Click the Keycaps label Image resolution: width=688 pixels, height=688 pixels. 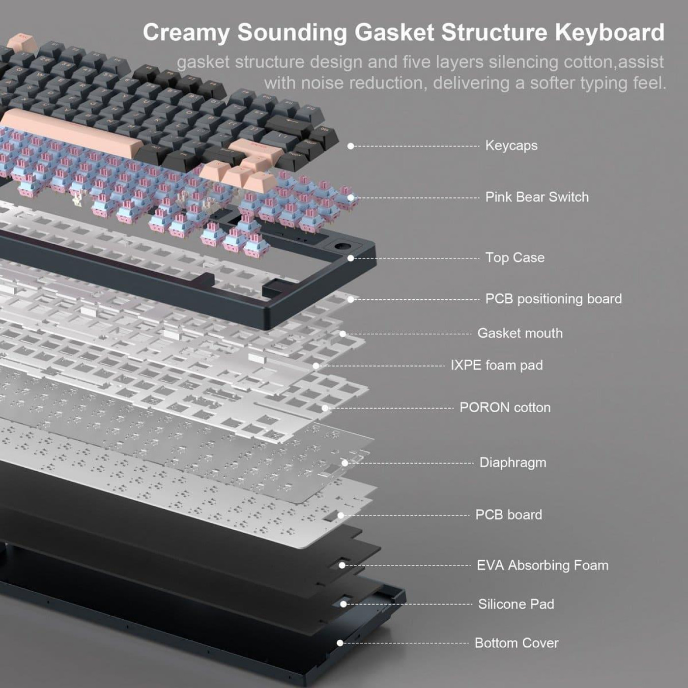tap(511, 145)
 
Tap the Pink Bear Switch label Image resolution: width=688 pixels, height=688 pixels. tap(537, 197)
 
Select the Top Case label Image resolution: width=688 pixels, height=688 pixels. tap(515, 258)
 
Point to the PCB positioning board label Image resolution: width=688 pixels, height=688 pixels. tap(553, 299)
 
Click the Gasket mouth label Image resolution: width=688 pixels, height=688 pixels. tap(520, 333)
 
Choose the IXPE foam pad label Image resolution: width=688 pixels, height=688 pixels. tap(497, 365)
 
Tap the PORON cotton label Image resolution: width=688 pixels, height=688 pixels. tap(505, 407)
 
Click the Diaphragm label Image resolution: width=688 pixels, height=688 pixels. tap(513, 463)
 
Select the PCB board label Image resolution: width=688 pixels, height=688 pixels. tap(509, 515)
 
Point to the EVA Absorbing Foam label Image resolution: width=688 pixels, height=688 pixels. tap(543, 566)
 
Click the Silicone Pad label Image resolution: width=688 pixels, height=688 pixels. tap(516, 604)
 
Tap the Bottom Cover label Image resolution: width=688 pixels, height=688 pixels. tap(516, 643)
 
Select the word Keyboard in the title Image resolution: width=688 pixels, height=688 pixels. tap(609, 32)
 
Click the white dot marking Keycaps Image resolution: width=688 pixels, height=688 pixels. tap(350, 146)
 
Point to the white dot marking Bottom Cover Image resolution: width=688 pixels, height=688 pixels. tap(340, 643)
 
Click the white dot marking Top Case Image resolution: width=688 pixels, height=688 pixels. tap(350, 258)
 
